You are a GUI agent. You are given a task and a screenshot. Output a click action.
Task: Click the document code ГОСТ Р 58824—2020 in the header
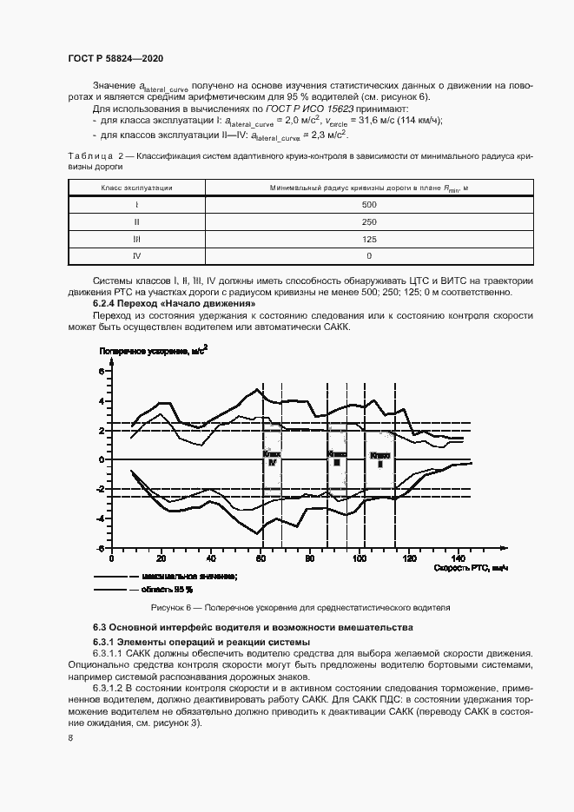115,58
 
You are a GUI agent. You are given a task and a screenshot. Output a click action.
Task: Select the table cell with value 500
369,204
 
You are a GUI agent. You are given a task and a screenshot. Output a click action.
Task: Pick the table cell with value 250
369,221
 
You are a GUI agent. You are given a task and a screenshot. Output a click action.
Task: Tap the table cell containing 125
369,239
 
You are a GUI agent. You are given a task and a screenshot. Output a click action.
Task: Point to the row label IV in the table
137,256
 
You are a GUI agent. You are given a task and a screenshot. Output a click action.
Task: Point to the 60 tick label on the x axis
260,556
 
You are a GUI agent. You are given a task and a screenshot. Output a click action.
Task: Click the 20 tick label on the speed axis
161,556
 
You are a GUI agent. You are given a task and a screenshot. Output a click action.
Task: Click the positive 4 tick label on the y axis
102,400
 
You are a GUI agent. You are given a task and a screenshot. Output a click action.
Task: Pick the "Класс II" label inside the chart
379,459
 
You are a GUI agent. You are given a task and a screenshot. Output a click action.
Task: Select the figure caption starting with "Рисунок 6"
300,607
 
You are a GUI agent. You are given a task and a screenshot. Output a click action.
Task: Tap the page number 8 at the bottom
69,737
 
